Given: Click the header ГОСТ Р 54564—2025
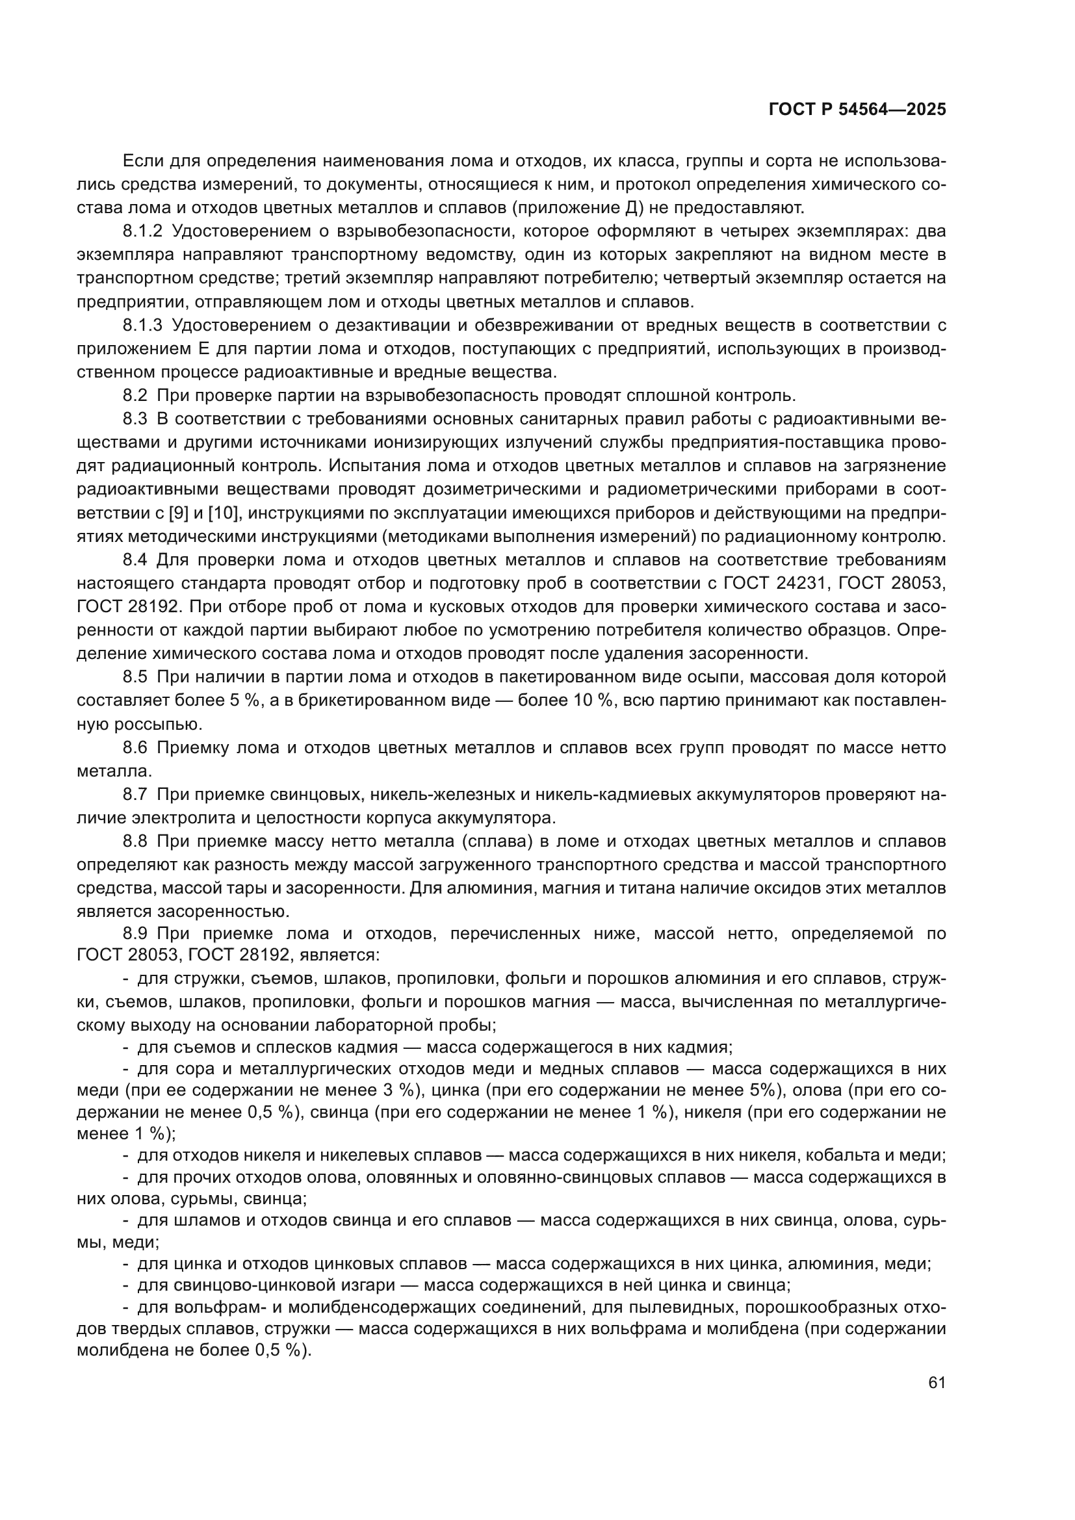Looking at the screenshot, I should [x=857, y=110].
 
